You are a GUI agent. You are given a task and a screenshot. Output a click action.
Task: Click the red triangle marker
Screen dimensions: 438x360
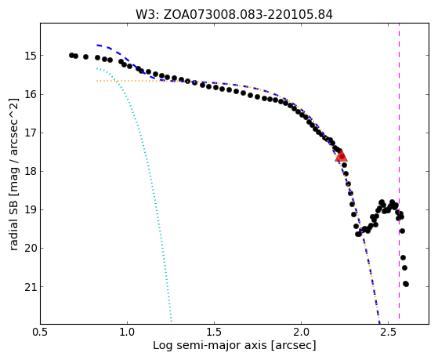[x=341, y=156]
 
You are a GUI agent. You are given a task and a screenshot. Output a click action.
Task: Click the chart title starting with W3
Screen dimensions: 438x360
[x=234, y=15]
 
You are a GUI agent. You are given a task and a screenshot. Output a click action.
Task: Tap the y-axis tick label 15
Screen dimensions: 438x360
[x=31, y=56]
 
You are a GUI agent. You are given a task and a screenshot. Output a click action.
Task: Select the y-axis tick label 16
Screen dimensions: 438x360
[x=31, y=94]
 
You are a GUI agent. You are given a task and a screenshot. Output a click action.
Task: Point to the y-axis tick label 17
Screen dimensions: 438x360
[x=31, y=133]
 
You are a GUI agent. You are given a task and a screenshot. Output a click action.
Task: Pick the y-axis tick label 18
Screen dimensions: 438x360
[x=31, y=171]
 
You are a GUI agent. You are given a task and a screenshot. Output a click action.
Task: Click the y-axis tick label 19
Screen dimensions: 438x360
[x=31, y=209]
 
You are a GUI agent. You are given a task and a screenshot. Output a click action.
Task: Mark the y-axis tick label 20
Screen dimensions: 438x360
[x=31, y=248]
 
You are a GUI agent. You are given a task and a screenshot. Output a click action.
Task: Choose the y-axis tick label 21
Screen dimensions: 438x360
[x=31, y=287]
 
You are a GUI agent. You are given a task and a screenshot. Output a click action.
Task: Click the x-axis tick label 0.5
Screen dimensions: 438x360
[x=41, y=333]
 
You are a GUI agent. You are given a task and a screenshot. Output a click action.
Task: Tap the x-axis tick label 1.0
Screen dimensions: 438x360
[x=127, y=333]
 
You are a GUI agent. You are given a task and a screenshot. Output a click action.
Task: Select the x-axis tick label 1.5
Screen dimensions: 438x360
[x=214, y=333]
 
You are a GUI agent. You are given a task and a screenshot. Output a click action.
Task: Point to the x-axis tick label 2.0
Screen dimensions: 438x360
[x=301, y=333]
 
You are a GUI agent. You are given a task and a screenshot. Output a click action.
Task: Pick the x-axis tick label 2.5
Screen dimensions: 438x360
[x=389, y=333]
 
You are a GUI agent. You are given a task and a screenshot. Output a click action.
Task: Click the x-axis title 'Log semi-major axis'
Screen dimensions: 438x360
[x=210, y=346]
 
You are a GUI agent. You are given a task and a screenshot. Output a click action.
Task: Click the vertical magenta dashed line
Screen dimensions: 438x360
[x=399, y=171]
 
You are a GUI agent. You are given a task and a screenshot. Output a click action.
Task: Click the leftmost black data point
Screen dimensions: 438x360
[x=71, y=55]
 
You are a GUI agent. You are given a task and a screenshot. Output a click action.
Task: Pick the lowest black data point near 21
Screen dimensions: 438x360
[x=406, y=284]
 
